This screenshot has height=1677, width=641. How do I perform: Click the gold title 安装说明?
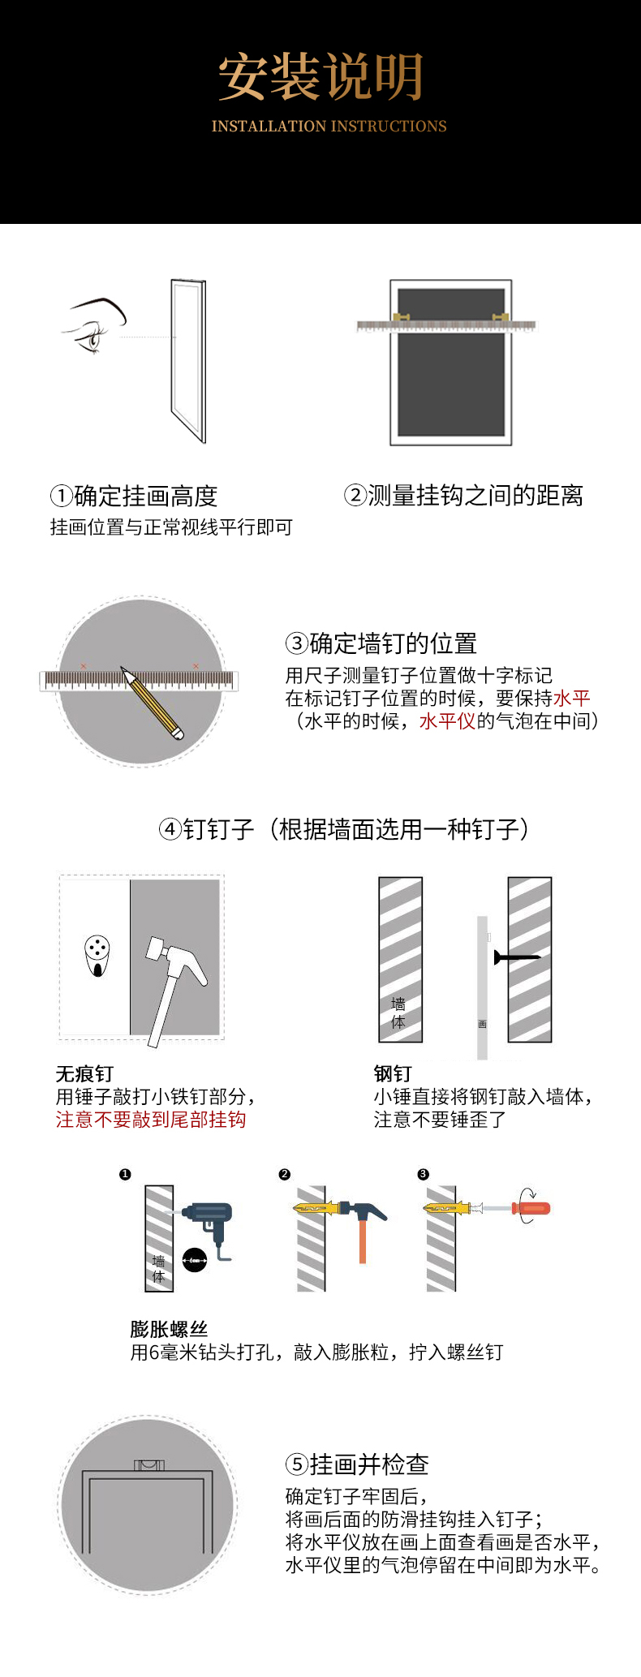pyautogui.click(x=320, y=77)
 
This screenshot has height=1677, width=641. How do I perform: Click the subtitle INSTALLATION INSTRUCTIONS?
pyautogui.click(x=329, y=127)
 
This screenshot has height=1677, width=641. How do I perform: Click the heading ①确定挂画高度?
pyautogui.click(x=134, y=496)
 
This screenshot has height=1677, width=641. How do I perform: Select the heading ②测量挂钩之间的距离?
pyautogui.click(x=463, y=495)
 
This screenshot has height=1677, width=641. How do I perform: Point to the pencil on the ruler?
pyautogui.click(x=153, y=703)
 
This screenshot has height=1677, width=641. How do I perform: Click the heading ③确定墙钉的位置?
pyautogui.click(x=381, y=643)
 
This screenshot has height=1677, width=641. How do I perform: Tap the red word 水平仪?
pyautogui.click(x=447, y=720)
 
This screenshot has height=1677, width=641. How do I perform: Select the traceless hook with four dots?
pyautogui.click(x=97, y=956)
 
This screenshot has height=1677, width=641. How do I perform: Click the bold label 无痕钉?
pyautogui.click(x=84, y=1073)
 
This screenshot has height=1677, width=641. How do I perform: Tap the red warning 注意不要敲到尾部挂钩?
pyautogui.click(x=151, y=1120)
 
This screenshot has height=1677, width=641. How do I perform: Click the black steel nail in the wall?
pyautogui.click(x=516, y=957)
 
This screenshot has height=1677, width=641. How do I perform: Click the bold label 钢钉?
pyautogui.click(x=393, y=1073)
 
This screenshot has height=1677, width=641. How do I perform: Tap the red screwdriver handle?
pyautogui.click(x=531, y=1209)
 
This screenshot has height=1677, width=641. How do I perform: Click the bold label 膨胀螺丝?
pyautogui.click(x=169, y=1329)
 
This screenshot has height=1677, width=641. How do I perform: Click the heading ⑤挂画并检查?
pyautogui.click(x=357, y=1464)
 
